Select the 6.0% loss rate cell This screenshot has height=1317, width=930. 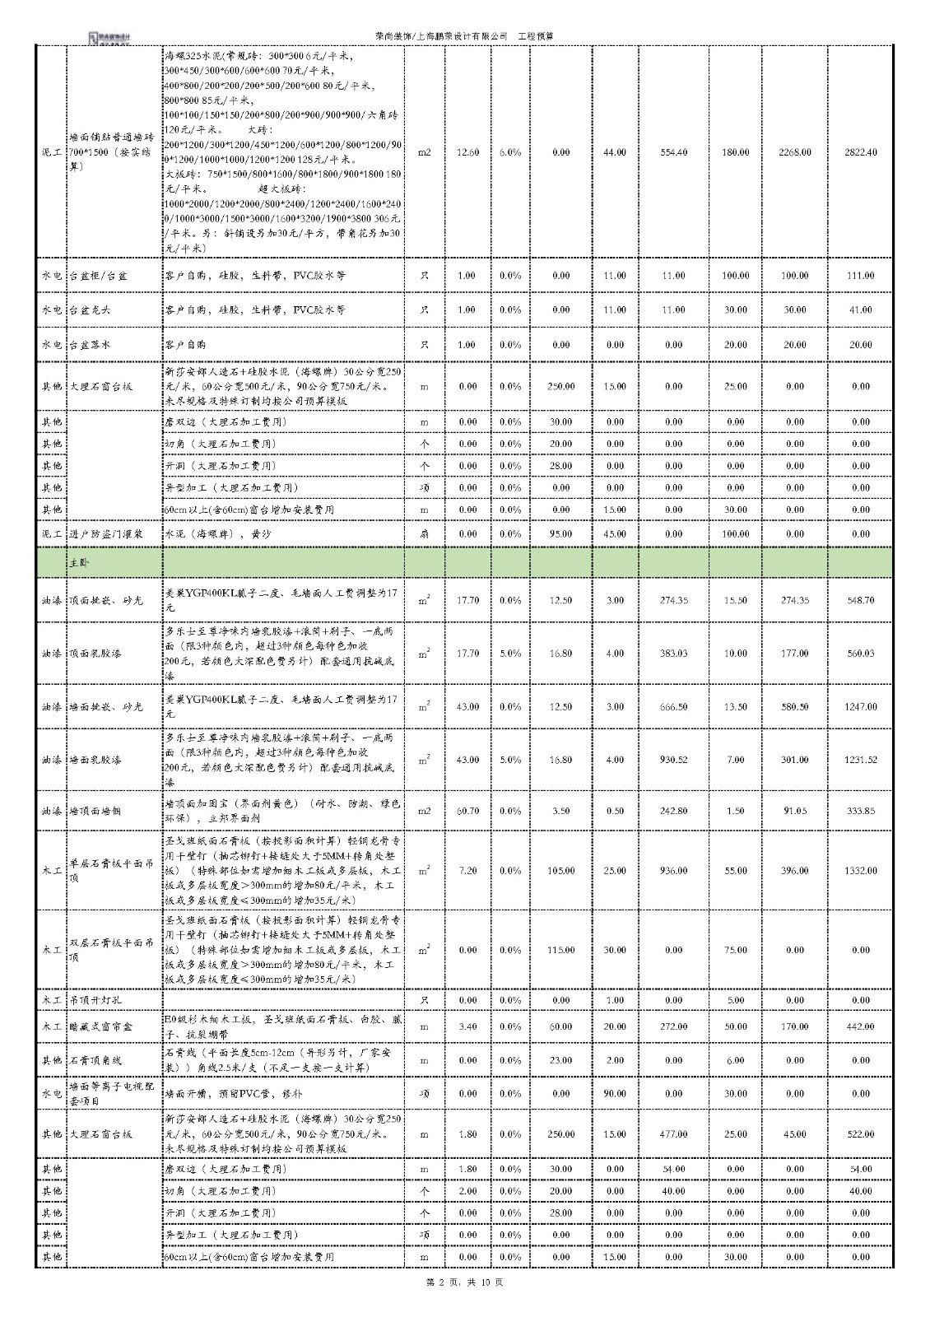pos(509,152)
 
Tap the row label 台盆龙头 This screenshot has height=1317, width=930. pos(90,310)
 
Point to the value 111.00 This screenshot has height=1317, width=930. pos(860,276)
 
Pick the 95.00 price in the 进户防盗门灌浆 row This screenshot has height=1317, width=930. pos(560,534)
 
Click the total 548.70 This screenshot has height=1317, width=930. pos(860,600)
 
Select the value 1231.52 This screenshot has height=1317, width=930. pos(860,760)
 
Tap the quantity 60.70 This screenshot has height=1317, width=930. pos(467,811)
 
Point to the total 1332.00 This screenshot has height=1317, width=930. pos(860,870)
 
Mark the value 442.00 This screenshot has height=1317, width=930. pos(860,1026)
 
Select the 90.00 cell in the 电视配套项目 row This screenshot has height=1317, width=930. pos(615,1094)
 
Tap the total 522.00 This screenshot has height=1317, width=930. pos(860,1134)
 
